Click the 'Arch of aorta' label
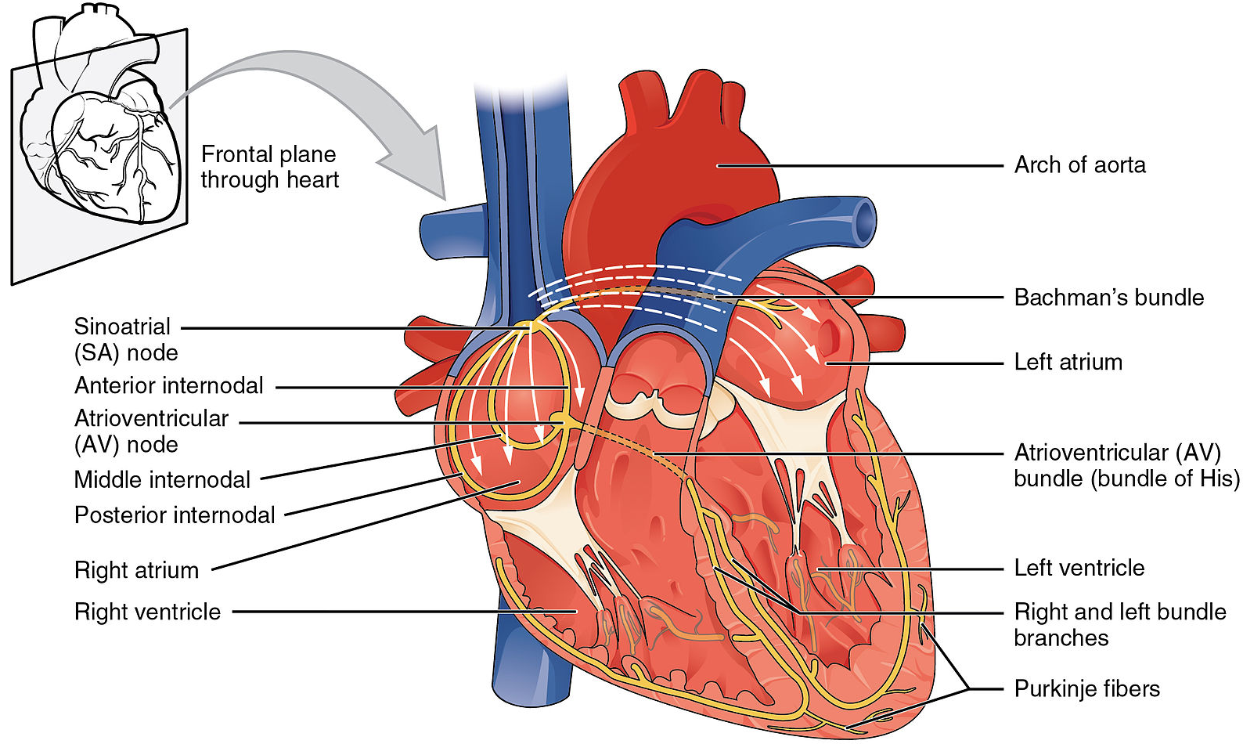[1079, 165]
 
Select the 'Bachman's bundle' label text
[1108, 298]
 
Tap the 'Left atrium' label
[1068, 362]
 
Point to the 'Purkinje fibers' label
[1086, 688]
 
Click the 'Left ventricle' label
[1079, 568]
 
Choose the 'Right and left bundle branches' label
[1119, 624]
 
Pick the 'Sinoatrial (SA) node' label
[125, 339]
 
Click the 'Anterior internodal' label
[169, 385]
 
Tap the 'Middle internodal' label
[162, 479]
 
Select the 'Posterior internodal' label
[175, 515]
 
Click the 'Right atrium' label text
[136, 570]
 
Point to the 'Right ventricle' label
[147, 612]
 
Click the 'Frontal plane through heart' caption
[269, 167]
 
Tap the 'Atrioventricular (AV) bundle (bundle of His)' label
[1126, 465]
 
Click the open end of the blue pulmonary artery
[864, 222]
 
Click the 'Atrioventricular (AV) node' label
[151, 431]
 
